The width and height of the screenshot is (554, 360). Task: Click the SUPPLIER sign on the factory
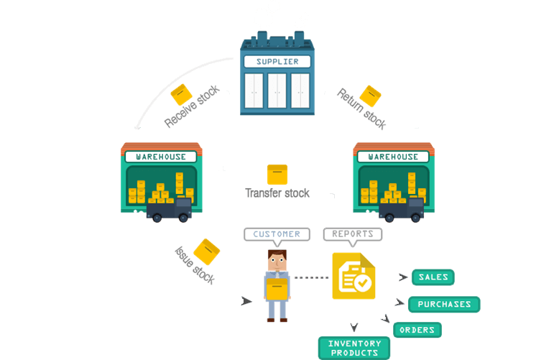277,62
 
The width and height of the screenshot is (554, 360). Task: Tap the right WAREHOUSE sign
393,157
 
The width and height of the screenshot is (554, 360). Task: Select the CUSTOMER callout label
277,234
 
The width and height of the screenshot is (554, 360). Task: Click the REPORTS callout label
353,234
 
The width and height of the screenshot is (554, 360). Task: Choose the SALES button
433,277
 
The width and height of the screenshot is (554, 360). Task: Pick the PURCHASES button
444,304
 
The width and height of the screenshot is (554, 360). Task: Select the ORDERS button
417,330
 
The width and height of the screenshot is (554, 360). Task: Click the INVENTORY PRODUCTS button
354,348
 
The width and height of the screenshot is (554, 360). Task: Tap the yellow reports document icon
354,276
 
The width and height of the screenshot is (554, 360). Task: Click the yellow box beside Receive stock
180,94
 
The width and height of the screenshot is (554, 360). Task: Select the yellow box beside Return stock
371,96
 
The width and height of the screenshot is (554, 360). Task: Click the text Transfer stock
277,193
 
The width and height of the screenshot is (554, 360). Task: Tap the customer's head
277,259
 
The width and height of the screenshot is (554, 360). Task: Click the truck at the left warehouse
170,208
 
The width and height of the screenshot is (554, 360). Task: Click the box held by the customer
277,288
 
